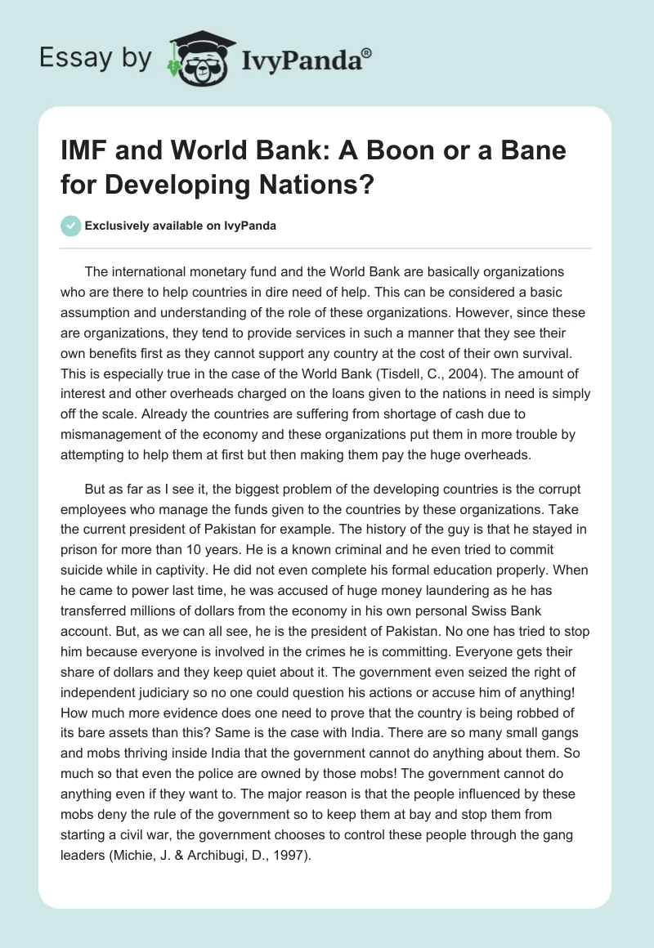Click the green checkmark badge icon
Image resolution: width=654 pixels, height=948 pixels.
click(x=70, y=226)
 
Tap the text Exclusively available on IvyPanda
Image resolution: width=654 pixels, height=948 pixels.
click(x=180, y=226)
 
